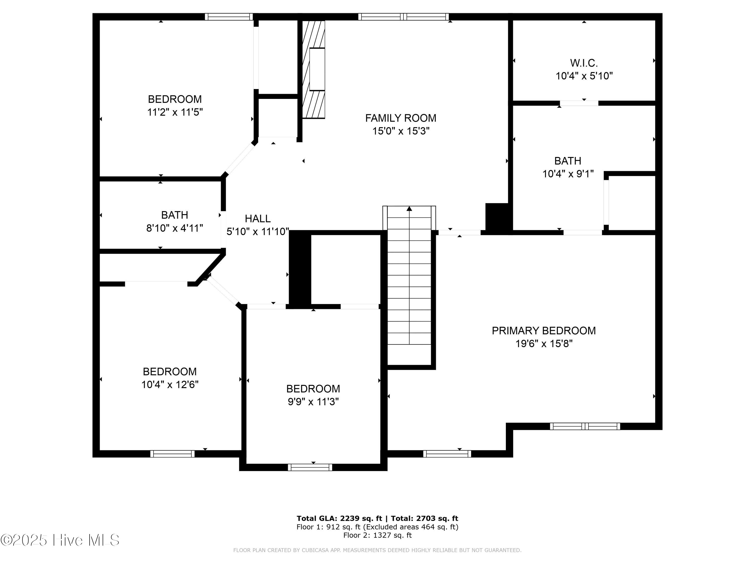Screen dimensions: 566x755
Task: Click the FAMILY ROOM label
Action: click(x=400, y=118)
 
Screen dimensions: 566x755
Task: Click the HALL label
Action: click(x=258, y=219)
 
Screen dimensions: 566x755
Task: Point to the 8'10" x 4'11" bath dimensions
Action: click(x=174, y=228)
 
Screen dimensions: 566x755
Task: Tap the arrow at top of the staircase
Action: click(x=409, y=209)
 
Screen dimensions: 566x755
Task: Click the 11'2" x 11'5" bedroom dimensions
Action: click(x=175, y=112)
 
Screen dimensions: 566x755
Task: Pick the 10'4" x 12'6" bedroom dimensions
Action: click(x=170, y=384)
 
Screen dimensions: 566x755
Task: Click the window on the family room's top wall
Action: click(x=403, y=17)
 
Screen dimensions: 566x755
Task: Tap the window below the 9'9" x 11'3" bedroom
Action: click(x=310, y=467)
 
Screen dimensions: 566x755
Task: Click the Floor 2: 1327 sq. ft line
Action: click(x=377, y=535)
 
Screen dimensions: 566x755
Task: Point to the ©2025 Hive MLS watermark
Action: click(x=60, y=540)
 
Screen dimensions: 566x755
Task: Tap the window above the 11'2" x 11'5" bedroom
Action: click(x=229, y=17)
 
